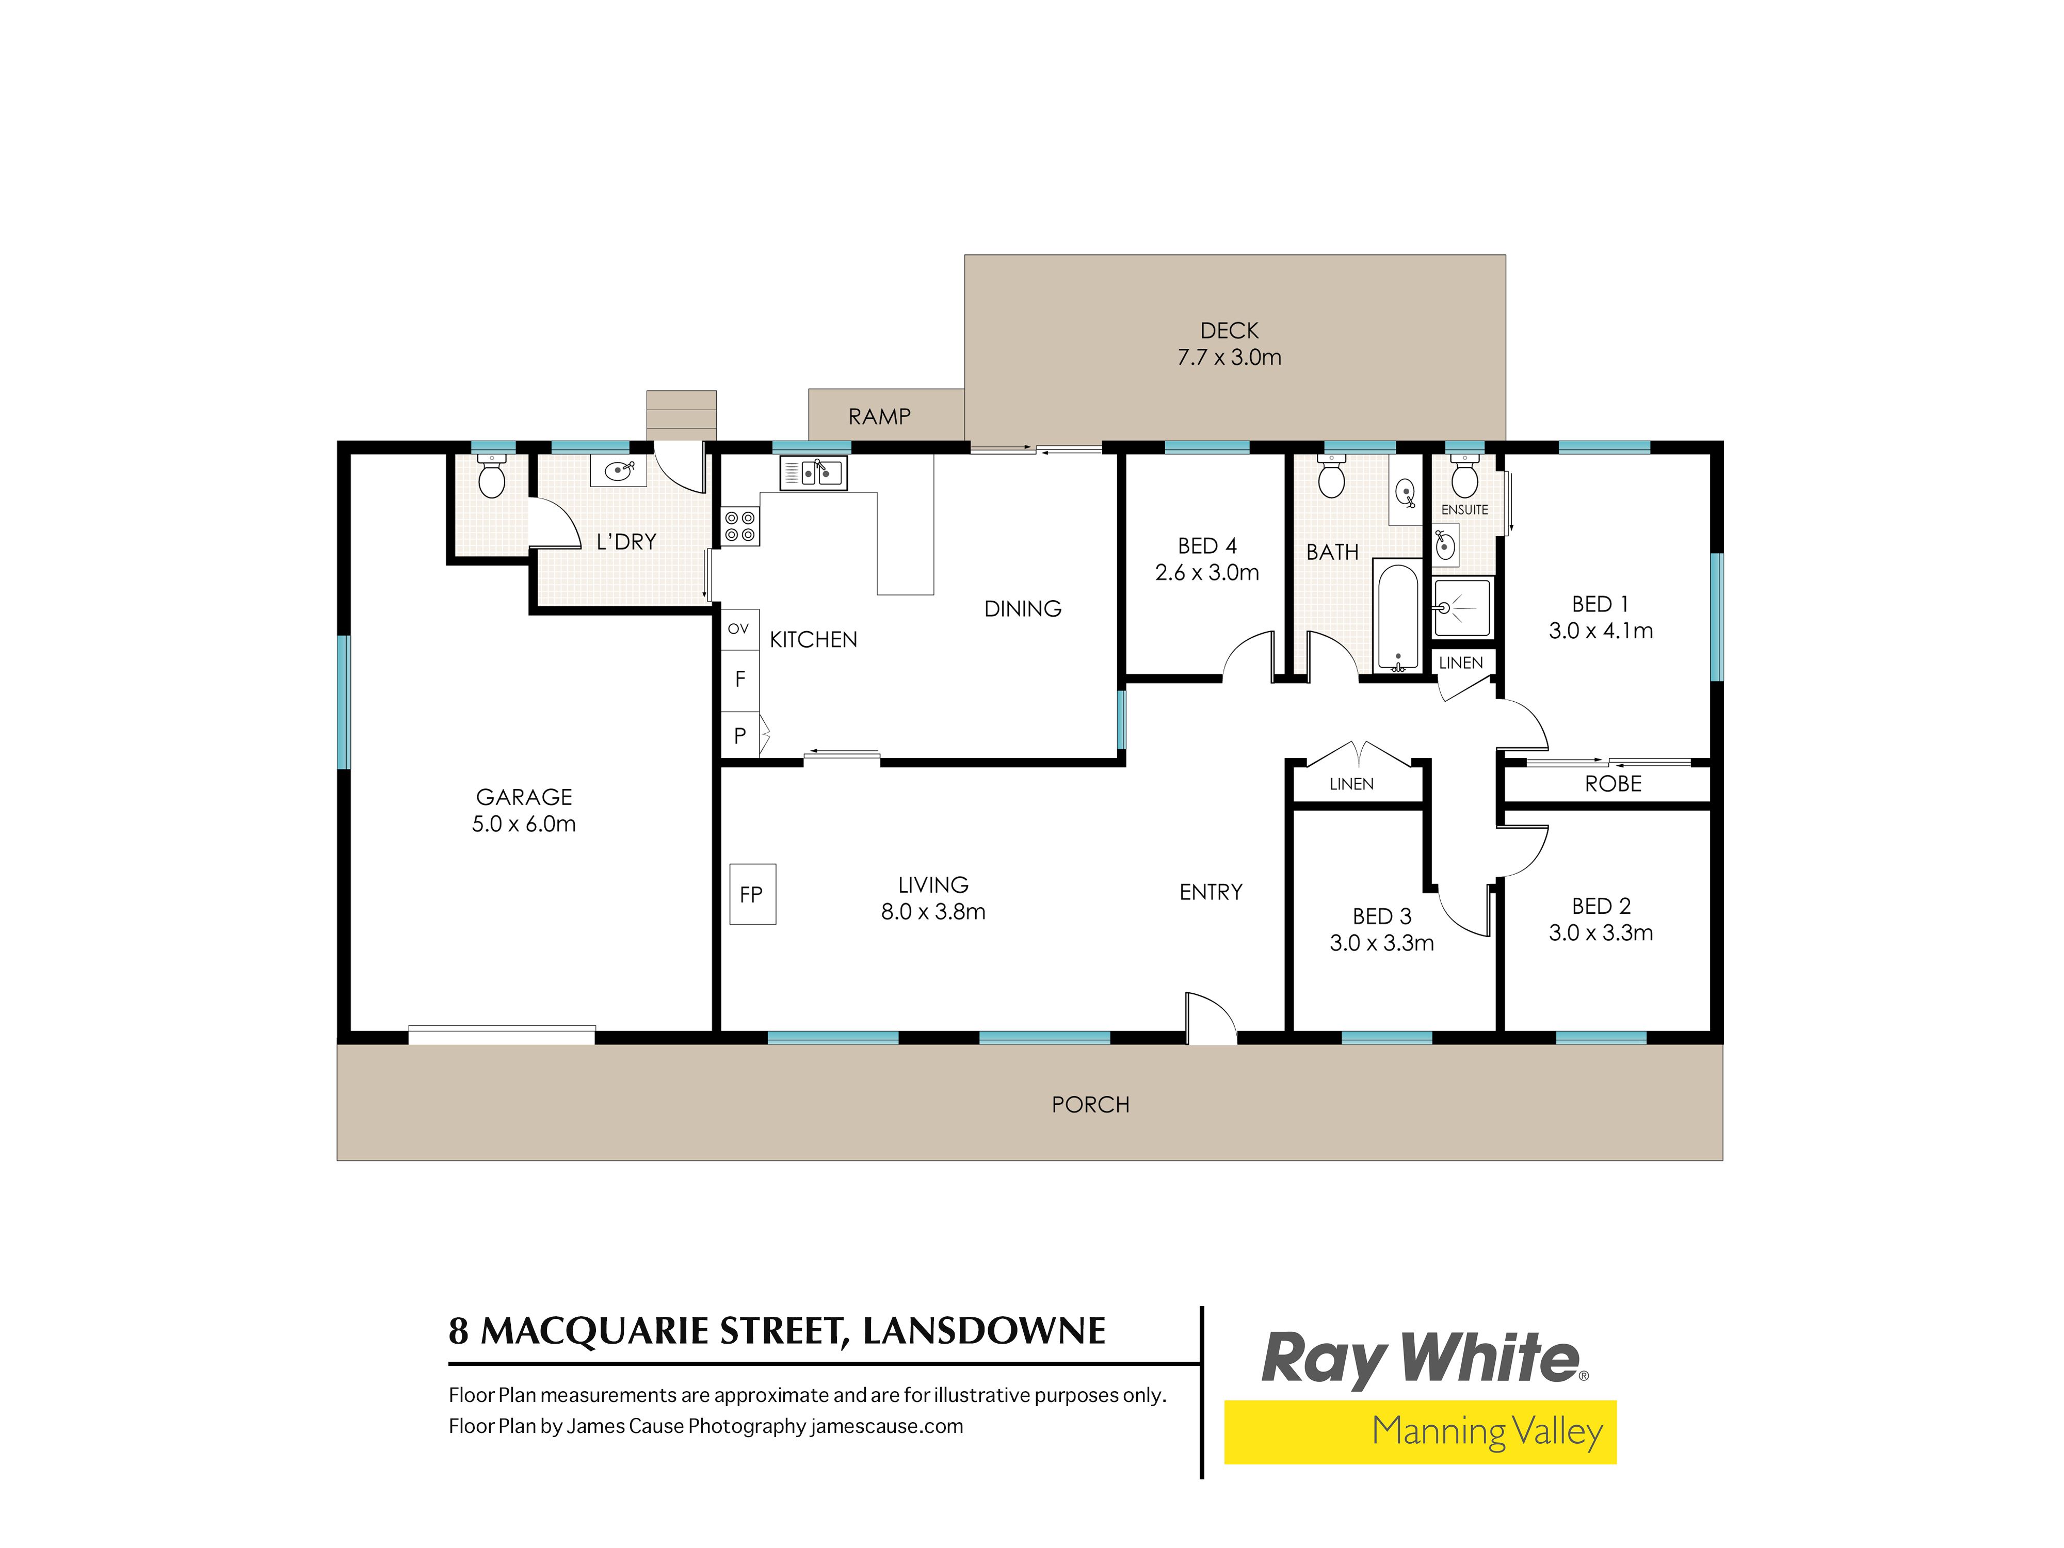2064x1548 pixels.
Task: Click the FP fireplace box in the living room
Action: click(x=752, y=894)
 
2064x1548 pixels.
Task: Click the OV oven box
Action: click(x=739, y=629)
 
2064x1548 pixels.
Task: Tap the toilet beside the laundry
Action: click(x=491, y=476)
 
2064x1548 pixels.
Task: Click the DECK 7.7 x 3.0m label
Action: click(x=1229, y=343)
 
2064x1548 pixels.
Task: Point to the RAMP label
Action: click(x=879, y=416)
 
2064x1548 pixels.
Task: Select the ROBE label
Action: click(x=1614, y=784)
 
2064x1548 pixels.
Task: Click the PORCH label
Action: click(x=1090, y=1105)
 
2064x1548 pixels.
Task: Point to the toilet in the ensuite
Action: click(x=1464, y=478)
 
